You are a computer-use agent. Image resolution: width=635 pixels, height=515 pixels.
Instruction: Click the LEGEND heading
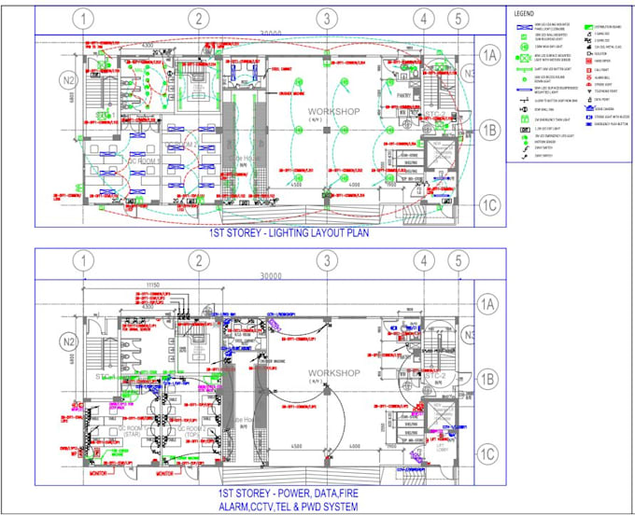523,14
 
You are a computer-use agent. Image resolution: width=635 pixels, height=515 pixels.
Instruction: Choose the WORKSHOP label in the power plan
333,373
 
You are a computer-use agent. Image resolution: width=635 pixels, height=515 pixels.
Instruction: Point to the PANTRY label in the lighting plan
403,95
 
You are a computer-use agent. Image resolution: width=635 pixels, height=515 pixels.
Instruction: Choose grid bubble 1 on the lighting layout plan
84,19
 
